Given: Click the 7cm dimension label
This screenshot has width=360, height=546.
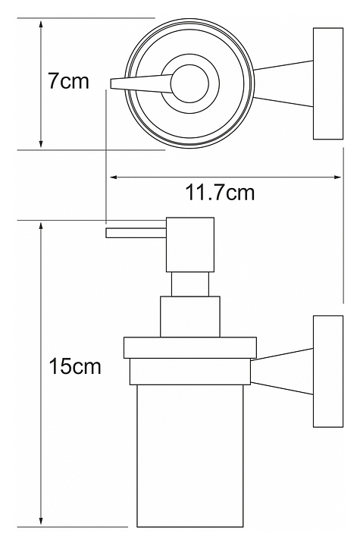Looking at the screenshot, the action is coord(68,81).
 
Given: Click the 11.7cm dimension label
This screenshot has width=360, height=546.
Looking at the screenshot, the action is coord(220,192).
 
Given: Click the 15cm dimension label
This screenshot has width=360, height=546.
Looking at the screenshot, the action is coord(75,366).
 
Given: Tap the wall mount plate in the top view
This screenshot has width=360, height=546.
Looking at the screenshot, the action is coord(328,83).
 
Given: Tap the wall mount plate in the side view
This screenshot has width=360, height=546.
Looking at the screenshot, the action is coord(328,371).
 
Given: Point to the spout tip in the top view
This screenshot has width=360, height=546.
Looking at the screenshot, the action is coord(111,83).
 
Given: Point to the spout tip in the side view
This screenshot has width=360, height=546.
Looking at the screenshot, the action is coord(107,233).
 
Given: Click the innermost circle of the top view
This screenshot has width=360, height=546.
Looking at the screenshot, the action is coord(189,84).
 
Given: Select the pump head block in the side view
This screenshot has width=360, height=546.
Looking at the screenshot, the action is coord(189,244).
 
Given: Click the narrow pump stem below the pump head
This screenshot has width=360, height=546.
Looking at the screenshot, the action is coord(189,284).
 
